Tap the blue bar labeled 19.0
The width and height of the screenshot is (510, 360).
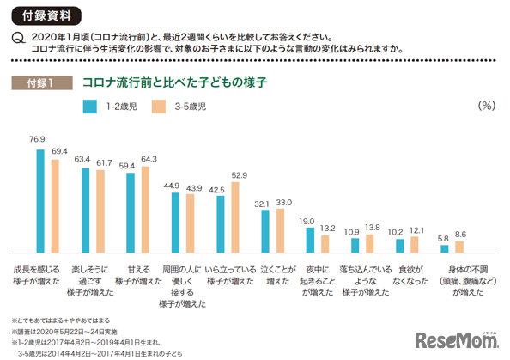tap(310, 239)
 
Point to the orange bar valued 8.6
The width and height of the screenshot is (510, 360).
tap(459, 247)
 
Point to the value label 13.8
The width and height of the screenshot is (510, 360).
tap(371, 228)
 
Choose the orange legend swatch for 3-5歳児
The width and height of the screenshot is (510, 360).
tap(159, 107)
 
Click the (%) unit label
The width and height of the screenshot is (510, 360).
tap(485, 106)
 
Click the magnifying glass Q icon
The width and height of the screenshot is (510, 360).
tap(16, 38)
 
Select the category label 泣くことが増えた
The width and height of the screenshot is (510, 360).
tap(278, 274)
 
